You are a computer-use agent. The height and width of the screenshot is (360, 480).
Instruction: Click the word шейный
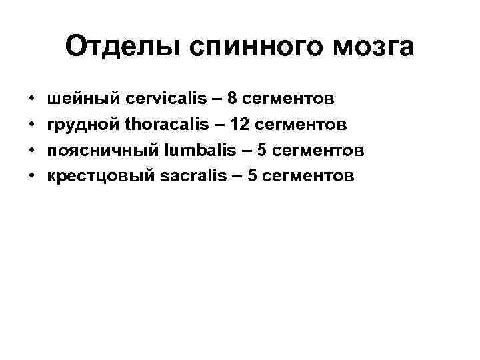83,99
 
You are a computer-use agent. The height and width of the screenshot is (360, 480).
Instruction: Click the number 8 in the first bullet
232,99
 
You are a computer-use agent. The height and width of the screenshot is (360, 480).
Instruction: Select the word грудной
83,125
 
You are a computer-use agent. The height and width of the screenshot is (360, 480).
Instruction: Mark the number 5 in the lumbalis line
262,150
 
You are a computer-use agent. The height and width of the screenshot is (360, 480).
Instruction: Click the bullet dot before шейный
33,100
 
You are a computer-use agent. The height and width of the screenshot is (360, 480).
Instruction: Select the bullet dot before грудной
33,125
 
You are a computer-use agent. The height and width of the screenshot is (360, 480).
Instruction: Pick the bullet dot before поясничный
33,151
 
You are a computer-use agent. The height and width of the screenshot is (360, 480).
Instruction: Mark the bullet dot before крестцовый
33,176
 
